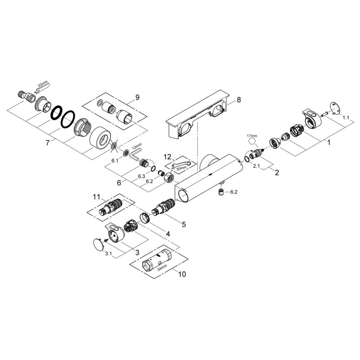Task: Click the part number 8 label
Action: pyautogui.click(x=238, y=100)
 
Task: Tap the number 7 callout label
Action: pyautogui.click(x=48, y=142)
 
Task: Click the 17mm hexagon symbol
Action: pyautogui.click(x=252, y=142)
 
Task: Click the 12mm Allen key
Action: pyautogui.click(x=135, y=155)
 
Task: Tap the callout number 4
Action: pyautogui.click(x=168, y=234)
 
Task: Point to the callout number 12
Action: pyautogui.click(x=168, y=157)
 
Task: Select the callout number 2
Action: pyautogui.click(x=277, y=171)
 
